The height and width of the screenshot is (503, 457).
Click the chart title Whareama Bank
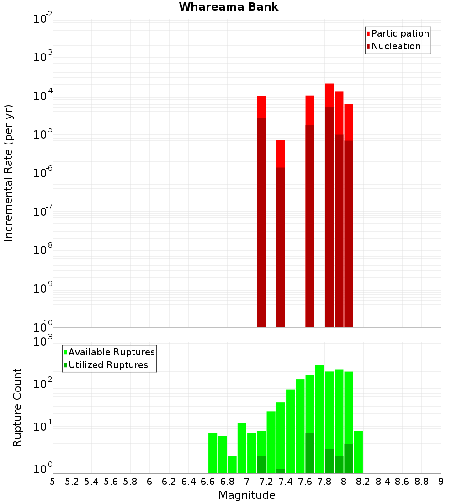[228, 7]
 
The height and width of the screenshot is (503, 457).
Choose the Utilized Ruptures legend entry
[108, 365]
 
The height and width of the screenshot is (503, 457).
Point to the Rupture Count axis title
[17, 407]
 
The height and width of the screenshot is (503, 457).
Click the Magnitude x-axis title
[247, 495]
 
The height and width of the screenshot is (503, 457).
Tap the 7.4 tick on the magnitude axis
[286, 482]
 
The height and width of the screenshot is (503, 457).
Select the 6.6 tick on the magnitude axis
[208, 482]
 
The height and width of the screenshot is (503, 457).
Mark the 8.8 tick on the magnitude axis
[421, 482]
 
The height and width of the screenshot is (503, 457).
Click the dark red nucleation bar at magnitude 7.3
[281, 247]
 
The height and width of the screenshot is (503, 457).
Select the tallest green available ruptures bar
[319, 418]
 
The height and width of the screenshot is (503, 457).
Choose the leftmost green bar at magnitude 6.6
[213, 453]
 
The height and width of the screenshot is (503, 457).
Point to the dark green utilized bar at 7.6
[310, 453]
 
